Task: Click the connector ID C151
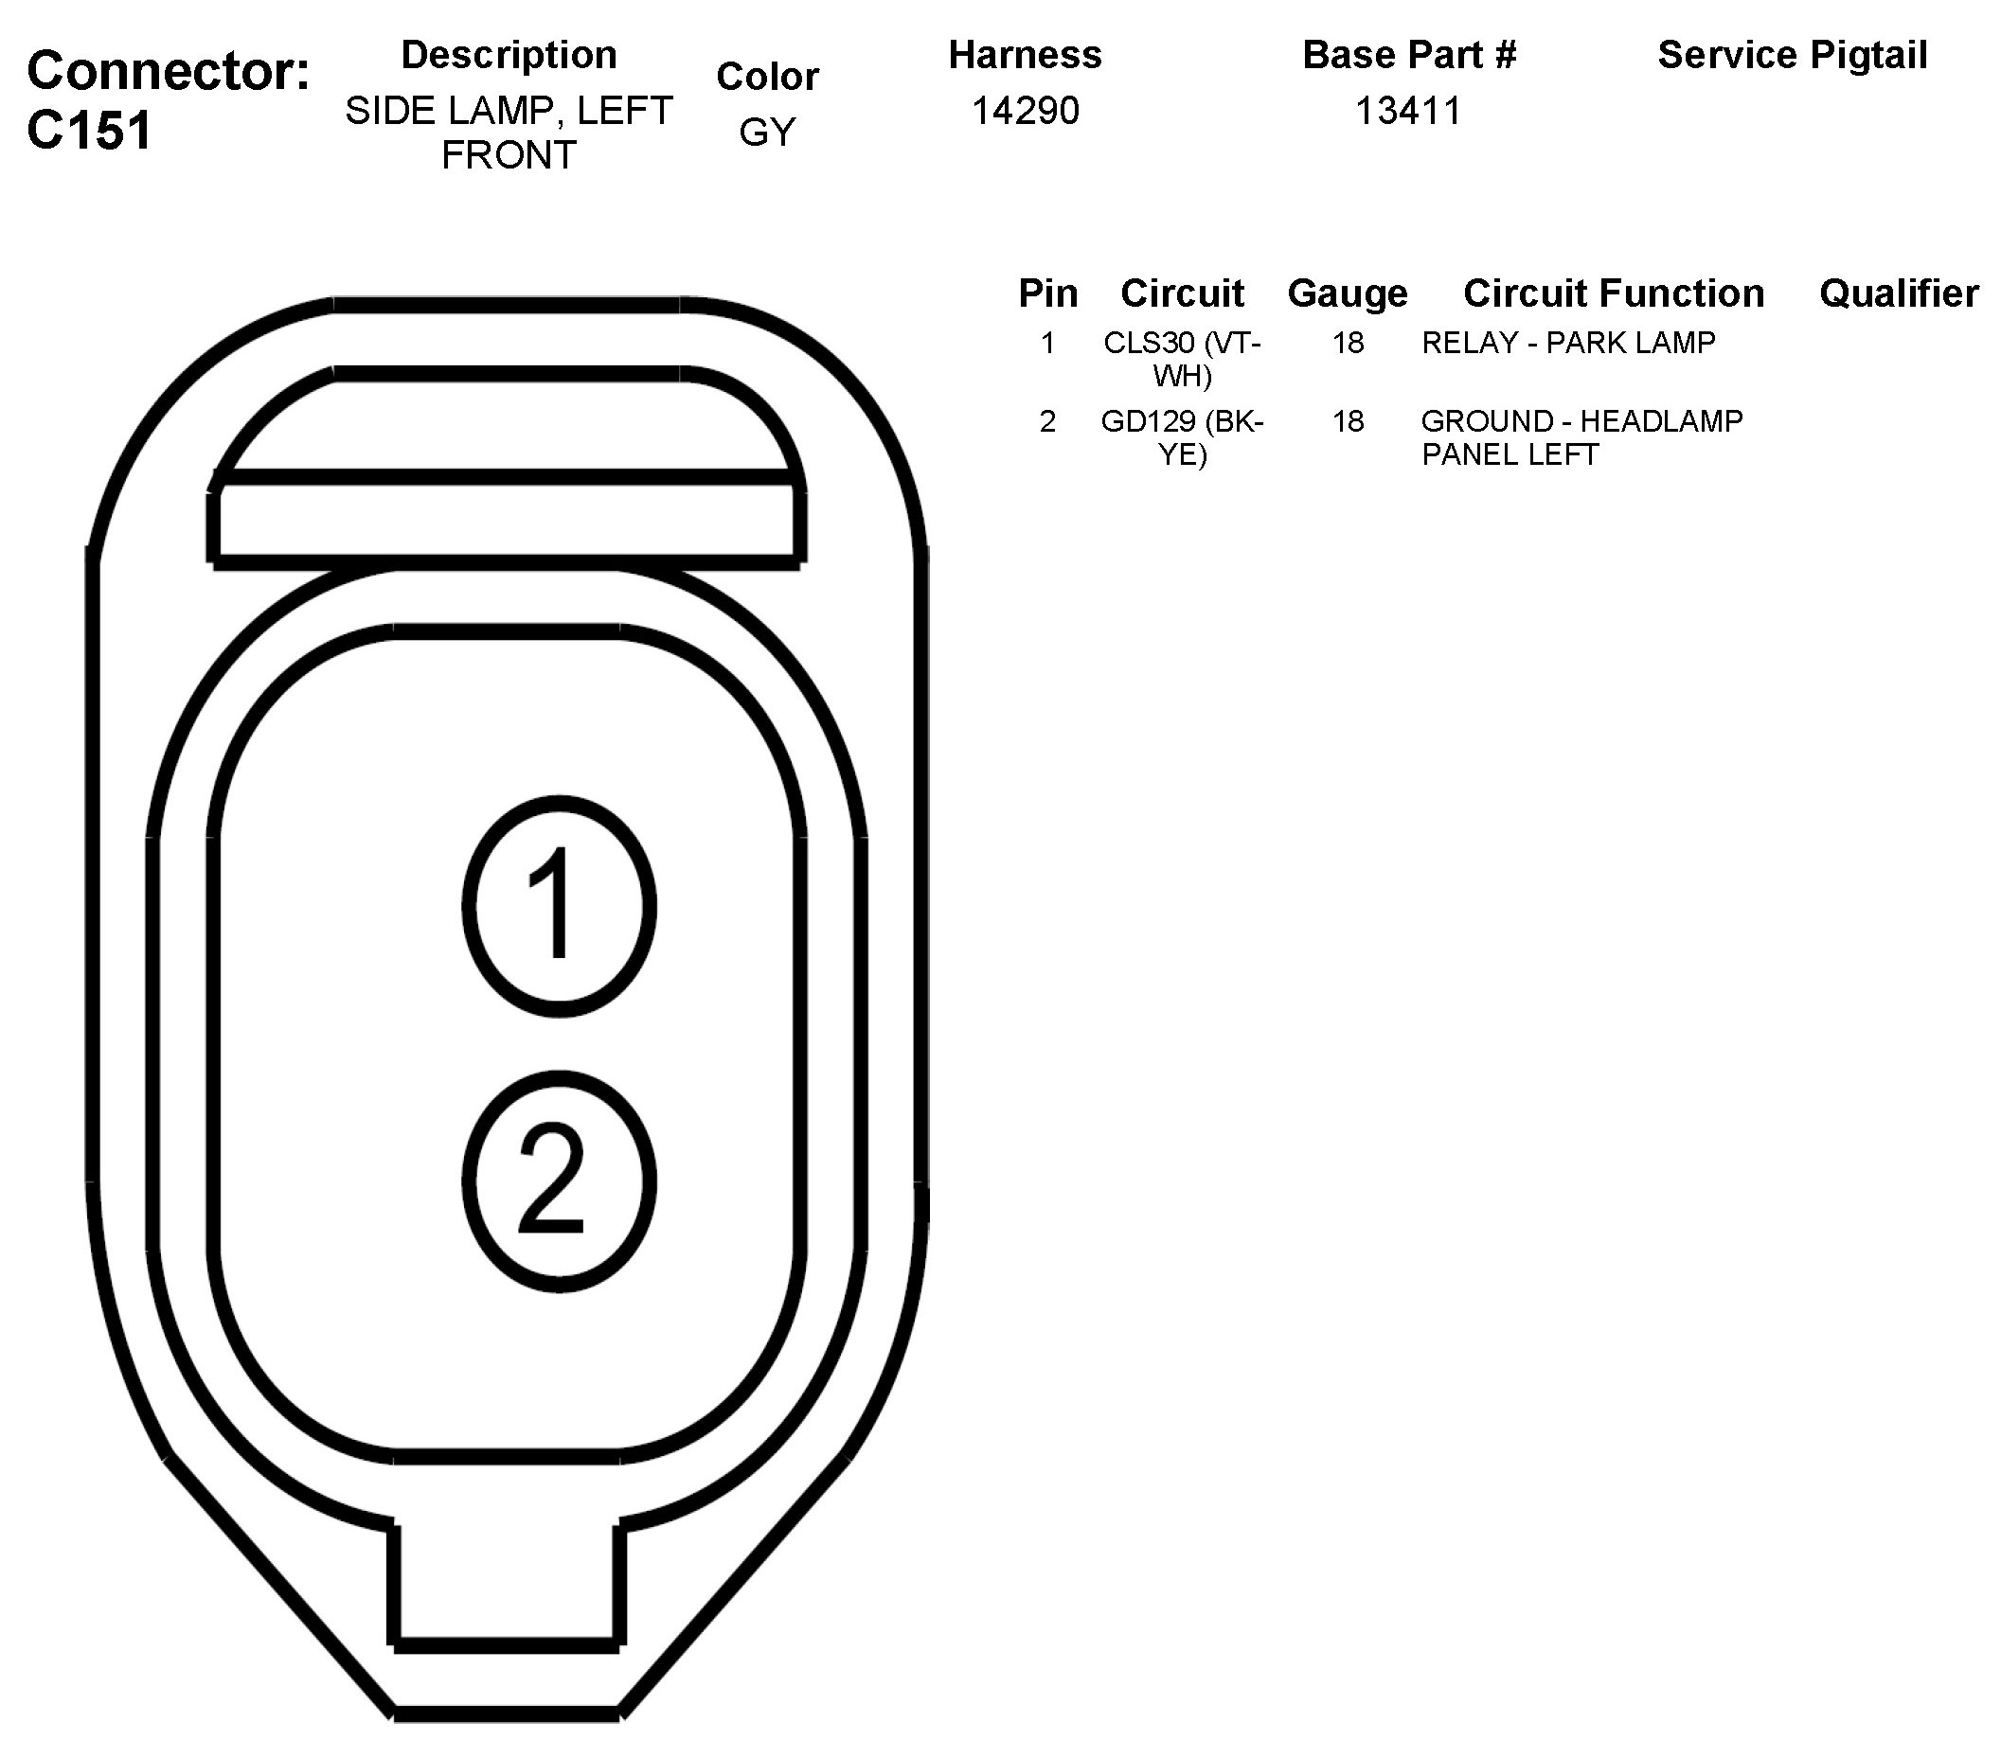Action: click(90, 131)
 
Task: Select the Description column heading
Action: click(509, 55)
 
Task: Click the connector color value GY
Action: click(766, 133)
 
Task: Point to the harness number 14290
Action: click(1025, 111)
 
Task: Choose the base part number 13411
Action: click(1408, 111)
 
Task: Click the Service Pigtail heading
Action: click(1793, 55)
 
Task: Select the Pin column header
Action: click(1047, 293)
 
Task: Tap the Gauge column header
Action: click(1347, 293)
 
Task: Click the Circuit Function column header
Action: click(1614, 293)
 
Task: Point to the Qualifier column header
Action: click(1898, 293)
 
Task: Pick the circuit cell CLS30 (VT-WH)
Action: click(1182, 358)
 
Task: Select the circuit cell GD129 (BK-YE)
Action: click(1182, 436)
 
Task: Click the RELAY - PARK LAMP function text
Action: click(1568, 343)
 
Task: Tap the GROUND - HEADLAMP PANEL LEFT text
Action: click(1581, 436)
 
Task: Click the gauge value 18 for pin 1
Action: click(1347, 343)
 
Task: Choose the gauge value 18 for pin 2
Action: click(1347, 421)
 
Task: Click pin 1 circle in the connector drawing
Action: click(559, 905)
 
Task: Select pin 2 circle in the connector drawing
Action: click(559, 1181)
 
